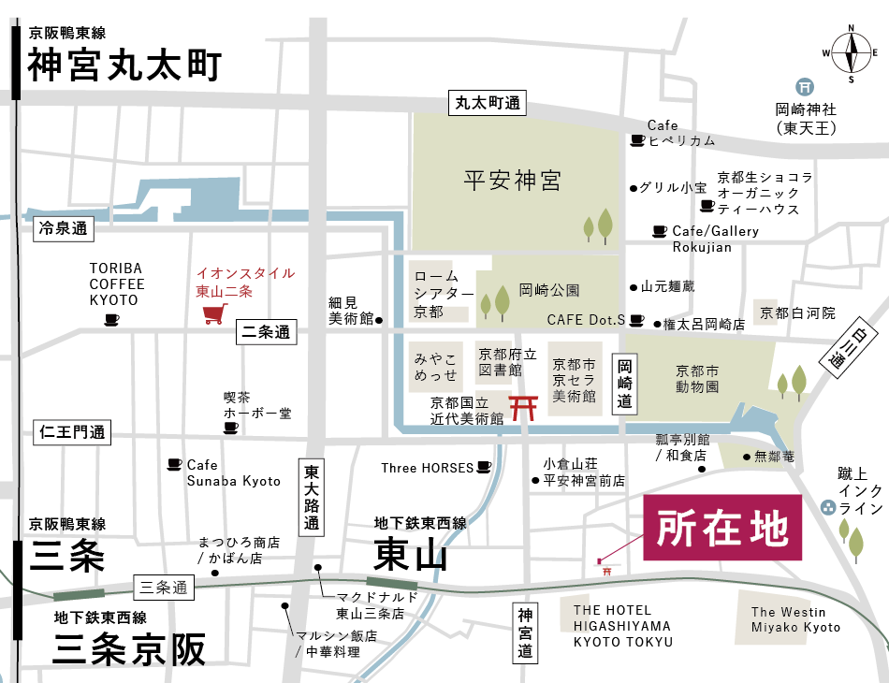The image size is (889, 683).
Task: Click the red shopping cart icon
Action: [x=213, y=313]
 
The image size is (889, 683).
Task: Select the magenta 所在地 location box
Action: [x=721, y=528]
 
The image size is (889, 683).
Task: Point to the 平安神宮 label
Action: [x=513, y=181]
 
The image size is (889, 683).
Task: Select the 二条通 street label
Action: [x=266, y=332]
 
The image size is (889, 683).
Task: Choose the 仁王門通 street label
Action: [x=72, y=432]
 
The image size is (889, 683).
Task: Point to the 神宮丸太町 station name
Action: [x=124, y=66]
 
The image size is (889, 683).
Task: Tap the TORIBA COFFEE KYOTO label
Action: [x=117, y=283]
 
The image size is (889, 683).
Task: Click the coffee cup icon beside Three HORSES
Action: [x=484, y=467]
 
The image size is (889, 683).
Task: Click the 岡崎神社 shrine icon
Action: [x=802, y=84]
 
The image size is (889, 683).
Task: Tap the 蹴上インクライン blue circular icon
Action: [x=827, y=507]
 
